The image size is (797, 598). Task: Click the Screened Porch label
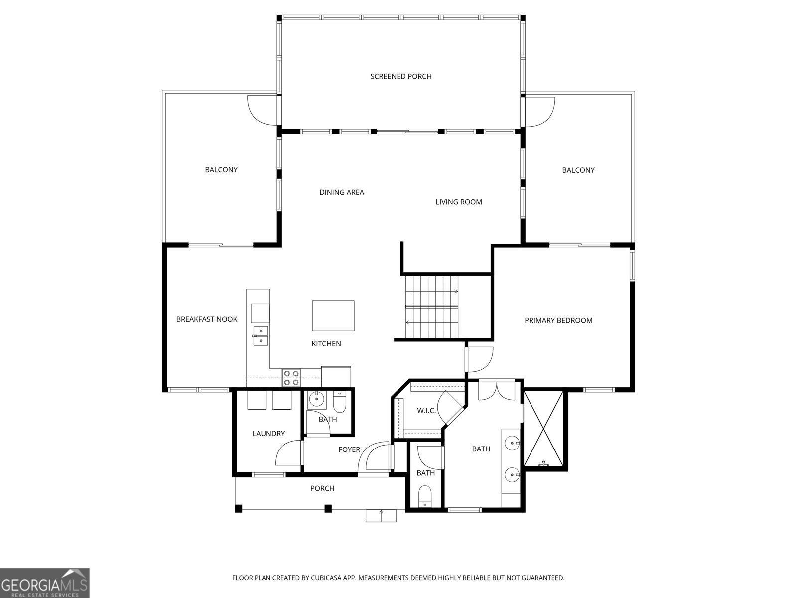coord(401,76)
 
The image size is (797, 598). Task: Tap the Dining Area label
coord(342,192)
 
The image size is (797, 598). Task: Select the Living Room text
coord(459,202)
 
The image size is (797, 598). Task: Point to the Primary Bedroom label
coord(558,320)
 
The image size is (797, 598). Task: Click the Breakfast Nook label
coord(207,319)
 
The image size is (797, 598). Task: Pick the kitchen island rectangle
coord(333,316)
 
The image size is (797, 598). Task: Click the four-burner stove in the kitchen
coord(291,378)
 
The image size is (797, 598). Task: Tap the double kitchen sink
coord(261,336)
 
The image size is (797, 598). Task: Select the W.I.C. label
coord(426,411)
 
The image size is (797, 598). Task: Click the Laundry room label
coord(268,433)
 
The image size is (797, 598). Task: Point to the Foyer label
coord(349,449)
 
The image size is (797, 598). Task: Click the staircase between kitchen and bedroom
coord(432,307)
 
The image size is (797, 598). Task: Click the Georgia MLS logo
coord(45,583)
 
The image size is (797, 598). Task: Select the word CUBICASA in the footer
coord(326,578)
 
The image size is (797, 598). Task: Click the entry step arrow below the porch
coord(381,516)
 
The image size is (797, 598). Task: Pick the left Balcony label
coord(221,170)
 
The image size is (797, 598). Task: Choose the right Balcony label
coord(578,170)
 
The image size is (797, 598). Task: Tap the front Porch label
coord(322,488)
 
